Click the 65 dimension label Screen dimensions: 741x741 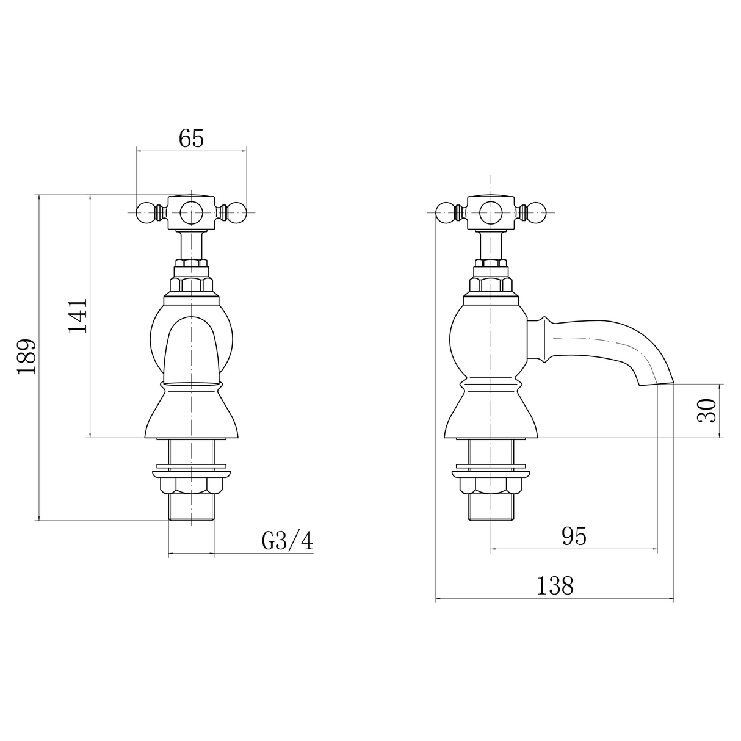[x=191, y=139]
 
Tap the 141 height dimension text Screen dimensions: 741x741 [x=78, y=316]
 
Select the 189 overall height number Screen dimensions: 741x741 [x=27, y=356]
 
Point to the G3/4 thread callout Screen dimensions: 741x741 [x=287, y=541]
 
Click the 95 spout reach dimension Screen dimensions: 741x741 [x=573, y=536]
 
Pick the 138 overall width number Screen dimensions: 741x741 [x=555, y=586]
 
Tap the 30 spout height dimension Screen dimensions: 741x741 [x=706, y=410]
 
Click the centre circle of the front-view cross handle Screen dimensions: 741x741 [x=191, y=212]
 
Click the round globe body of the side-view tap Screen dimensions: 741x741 [x=488, y=339]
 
